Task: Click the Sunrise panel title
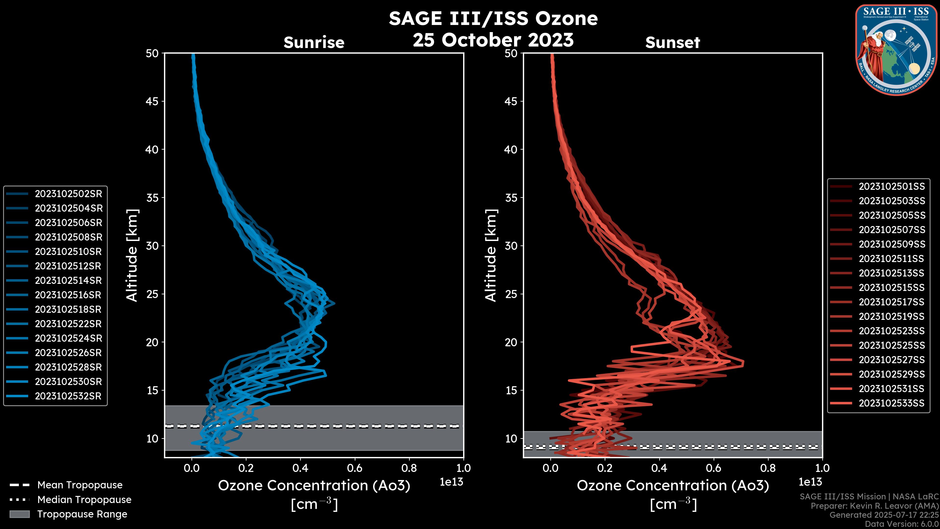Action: pyautogui.click(x=314, y=43)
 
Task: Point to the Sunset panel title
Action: pyautogui.click(x=672, y=43)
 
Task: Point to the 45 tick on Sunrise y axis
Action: pyautogui.click(x=152, y=101)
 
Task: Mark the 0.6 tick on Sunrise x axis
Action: pyautogui.click(x=355, y=468)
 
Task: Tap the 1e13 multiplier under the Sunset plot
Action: pyautogui.click(x=810, y=482)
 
